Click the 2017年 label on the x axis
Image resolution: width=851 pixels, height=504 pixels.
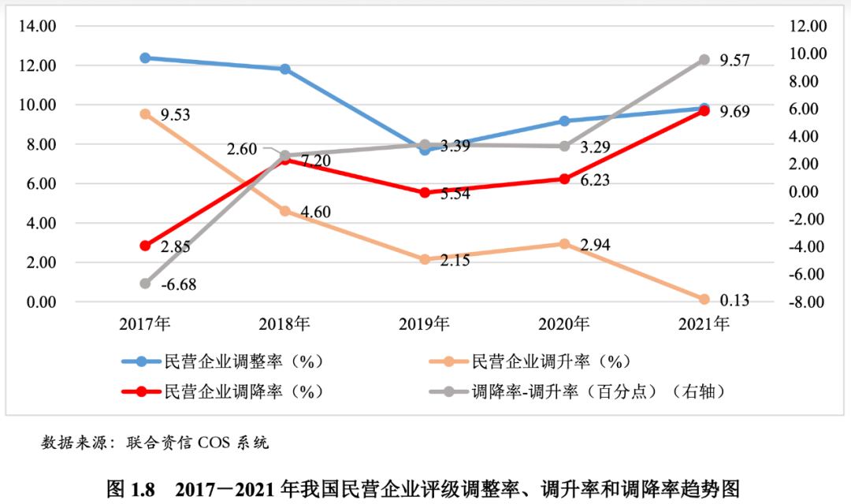tap(145, 324)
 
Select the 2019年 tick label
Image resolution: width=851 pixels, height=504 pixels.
tap(425, 324)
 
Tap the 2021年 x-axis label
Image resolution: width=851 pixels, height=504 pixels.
tap(704, 324)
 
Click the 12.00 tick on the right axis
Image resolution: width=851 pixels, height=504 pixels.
tap(804, 26)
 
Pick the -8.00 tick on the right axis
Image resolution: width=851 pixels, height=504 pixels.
tap(804, 302)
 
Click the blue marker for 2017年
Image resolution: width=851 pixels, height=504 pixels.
tap(145, 57)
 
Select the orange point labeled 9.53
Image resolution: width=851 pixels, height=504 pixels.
tap(145, 114)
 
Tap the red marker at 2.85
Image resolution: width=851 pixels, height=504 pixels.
tap(145, 246)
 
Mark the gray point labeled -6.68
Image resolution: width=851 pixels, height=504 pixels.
tap(145, 283)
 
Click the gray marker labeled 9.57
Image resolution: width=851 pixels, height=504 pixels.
tap(704, 60)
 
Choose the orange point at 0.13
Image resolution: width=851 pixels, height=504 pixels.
tap(704, 299)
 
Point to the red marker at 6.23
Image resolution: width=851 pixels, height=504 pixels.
tap(564, 179)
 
